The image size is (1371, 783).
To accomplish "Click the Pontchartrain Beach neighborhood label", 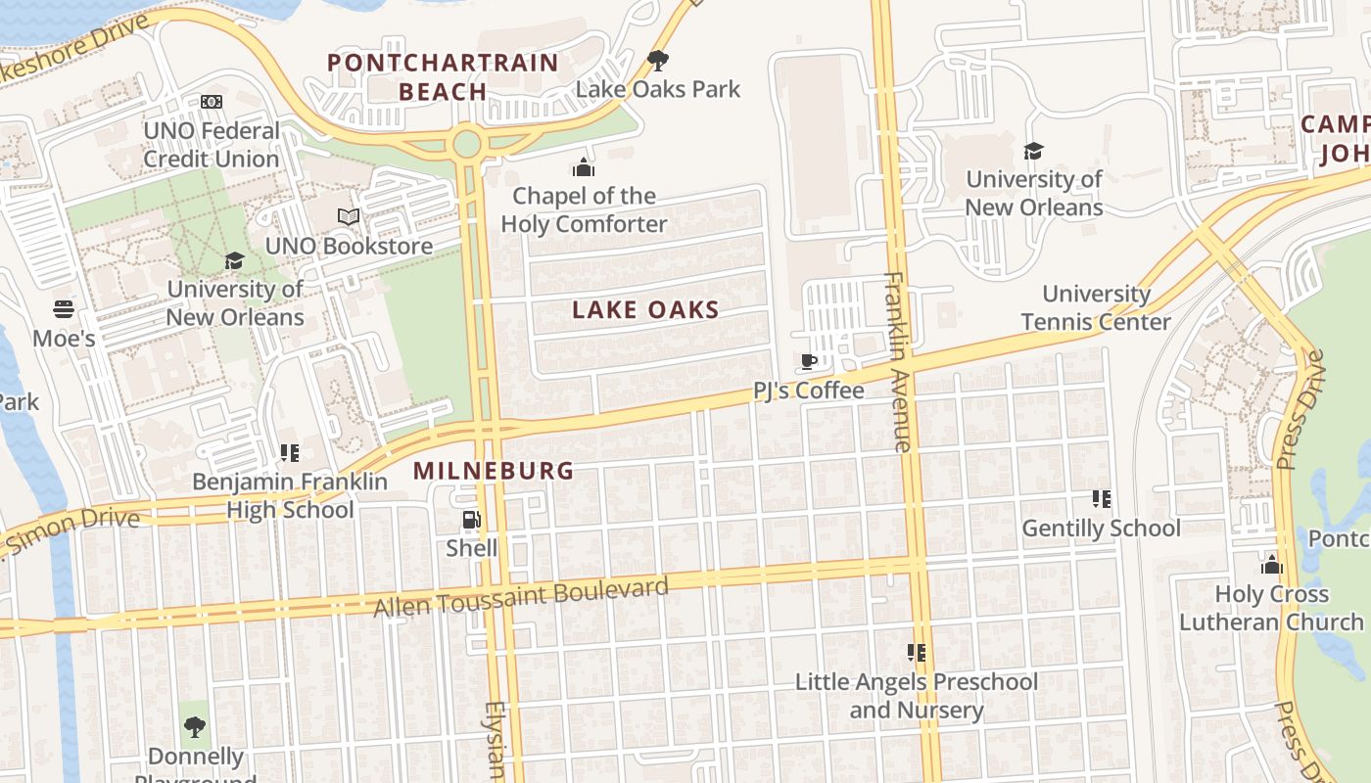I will [x=443, y=77].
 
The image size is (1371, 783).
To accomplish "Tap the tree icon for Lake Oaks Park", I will [x=658, y=61].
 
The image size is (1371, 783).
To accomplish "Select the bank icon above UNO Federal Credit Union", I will [x=212, y=102].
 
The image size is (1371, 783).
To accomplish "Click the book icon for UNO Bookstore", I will [x=349, y=216].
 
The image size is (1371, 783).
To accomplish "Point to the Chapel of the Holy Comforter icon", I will [x=584, y=167].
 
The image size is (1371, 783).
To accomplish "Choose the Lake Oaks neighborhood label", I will [x=645, y=310].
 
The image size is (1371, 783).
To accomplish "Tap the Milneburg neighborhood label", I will [x=493, y=471].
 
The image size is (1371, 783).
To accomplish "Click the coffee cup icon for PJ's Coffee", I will [x=809, y=362].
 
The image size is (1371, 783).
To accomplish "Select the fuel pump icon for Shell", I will [x=471, y=520].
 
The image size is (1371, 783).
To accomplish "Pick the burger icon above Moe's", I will [x=64, y=310].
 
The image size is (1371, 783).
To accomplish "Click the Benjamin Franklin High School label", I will [x=290, y=495].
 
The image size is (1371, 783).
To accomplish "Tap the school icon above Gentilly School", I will [x=1102, y=499].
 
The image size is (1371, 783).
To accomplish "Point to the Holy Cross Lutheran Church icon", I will [x=1271, y=565].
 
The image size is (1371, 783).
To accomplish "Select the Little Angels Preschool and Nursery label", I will [x=916, y=696].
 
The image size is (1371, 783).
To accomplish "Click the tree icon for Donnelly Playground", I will [x=195, y=726].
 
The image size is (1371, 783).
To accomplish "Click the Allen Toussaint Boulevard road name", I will [x=521, y=597].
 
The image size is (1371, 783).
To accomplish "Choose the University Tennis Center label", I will [x=1096, y=307].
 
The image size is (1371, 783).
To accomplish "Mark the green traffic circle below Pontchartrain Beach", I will [x=467, y=144].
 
